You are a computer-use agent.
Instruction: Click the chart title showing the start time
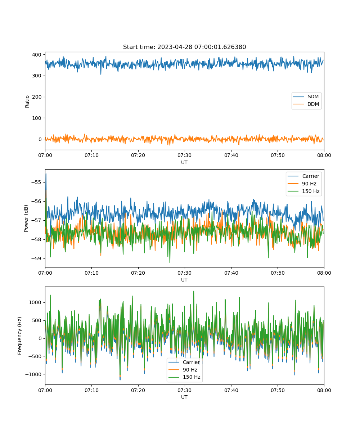[184, 47]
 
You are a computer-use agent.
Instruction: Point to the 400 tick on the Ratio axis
[37, 55]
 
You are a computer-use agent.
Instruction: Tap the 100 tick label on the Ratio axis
[37, 118]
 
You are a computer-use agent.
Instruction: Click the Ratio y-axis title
[27, 102]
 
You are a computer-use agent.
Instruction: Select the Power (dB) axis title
[26, 218]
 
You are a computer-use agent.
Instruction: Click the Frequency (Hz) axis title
[20, 336]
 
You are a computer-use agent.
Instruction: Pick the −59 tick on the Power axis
[36, 258]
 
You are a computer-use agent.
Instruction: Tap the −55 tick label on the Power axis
[36, 182]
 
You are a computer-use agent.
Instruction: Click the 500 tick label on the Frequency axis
[37, 320]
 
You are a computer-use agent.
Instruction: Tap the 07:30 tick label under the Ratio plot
[185, 156]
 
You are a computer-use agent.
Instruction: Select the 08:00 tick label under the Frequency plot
[324, 390]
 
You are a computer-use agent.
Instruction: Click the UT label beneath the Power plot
[184, 280]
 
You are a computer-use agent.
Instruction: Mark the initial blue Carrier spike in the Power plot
[46, 174]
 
